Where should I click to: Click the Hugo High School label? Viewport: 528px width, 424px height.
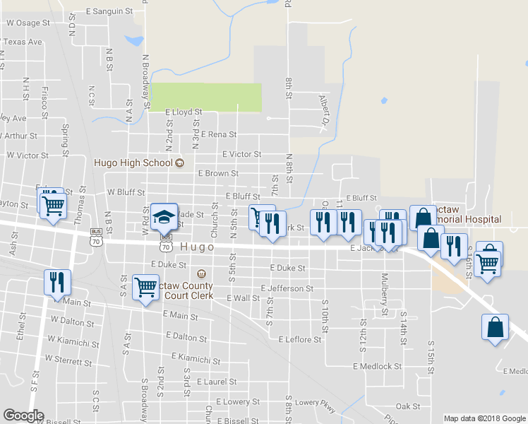133,163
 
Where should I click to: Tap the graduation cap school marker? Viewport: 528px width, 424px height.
164,216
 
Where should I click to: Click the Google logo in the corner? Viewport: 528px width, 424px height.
23,416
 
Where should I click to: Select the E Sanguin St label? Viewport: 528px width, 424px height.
109,11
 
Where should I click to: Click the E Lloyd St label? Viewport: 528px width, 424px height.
184,112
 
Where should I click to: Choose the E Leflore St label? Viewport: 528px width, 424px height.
299,340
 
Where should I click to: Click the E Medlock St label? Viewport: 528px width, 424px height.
377,367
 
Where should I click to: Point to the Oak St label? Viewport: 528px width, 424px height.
408,406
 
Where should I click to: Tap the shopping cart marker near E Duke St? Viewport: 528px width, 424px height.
145,287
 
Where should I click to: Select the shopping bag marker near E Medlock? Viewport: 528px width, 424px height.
496,328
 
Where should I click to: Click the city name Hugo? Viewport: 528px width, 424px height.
197,247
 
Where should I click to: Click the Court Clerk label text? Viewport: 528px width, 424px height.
188,295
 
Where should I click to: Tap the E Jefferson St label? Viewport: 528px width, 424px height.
287,288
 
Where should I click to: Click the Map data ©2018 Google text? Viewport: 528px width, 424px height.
484,418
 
